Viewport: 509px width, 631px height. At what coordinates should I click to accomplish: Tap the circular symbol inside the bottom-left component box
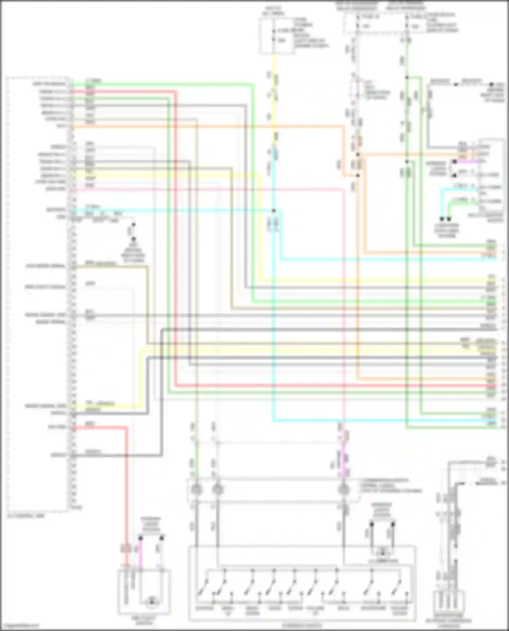click(x=151, y=602)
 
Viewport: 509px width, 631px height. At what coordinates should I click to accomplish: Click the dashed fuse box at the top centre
click(x=277, y=36)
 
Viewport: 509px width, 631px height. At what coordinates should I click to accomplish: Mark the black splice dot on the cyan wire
click(x=274, y=211)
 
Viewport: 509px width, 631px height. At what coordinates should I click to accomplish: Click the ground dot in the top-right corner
click(x=491, y=84)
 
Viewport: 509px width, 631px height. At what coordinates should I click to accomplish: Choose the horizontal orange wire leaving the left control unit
click(x=204, y=127)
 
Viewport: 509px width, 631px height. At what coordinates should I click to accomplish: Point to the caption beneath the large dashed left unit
click(x=26, y=516)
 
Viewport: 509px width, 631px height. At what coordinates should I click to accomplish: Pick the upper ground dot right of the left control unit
click(x=133, y=225)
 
